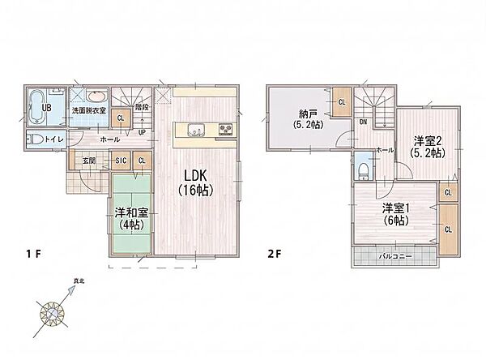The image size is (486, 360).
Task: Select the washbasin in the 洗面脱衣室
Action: pyautogui.click(x=97, y=96)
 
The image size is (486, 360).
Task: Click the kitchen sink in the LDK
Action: pyautogui.click(x=195, y=129)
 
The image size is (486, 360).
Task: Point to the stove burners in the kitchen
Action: pyautogui.click(x=226, y=130)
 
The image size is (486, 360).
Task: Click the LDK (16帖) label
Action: pyautogui.click(x=195, y=182)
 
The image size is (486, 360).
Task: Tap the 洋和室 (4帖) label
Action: pyautogui.click(x=131, y=218)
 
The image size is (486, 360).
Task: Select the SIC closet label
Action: pyautogui.click(x=121, y=161)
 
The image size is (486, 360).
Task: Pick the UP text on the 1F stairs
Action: pyautogui.click(x=142, y=132)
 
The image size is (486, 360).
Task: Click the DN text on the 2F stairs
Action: pyautogui.click(x=363, y=122)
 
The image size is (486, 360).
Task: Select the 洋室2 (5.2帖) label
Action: pyautogui.click(x=428, y=147)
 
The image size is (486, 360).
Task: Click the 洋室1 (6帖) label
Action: pyautogui.click(x=395, y=214)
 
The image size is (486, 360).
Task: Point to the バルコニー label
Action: pyautogui.click(x=395, y=257)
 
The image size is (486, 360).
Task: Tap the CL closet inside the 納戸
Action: pyautogui.click(x=342, y=102)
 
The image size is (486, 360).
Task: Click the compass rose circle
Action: pyautogui.click(x=52, y=314)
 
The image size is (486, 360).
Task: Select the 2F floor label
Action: pyautogui.click(x=275, y=254)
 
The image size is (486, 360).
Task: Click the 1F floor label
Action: pyautogui.click(x=33, y=254)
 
